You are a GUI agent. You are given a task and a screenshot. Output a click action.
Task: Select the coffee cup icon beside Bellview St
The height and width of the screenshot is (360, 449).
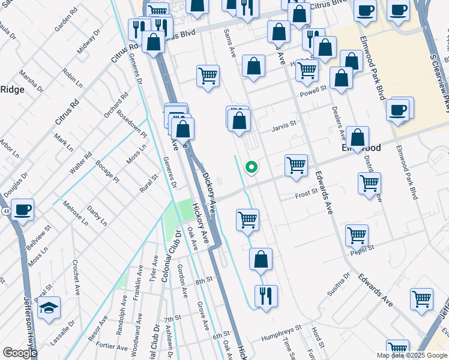[23, 210]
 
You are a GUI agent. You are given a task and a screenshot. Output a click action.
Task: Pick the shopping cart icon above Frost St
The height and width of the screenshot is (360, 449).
[296, 165]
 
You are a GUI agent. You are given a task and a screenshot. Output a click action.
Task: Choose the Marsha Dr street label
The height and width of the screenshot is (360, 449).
[31, 81]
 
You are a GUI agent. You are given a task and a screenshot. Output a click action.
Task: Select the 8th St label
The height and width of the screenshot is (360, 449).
[204, 280]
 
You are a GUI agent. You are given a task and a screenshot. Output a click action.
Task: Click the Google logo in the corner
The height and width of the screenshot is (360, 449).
[19, 353]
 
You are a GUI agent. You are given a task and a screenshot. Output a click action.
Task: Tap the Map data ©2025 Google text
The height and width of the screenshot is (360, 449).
[412, 355]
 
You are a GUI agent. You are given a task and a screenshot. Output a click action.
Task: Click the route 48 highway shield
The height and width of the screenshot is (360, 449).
[5, 212]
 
